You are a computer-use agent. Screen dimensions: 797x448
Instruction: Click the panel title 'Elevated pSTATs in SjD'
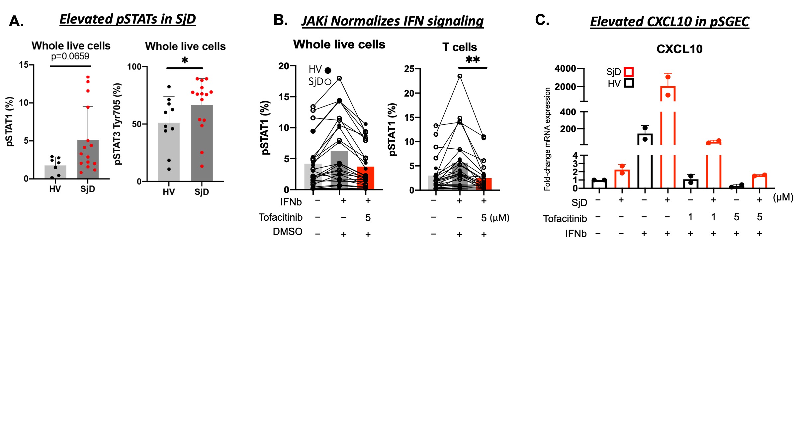pyautogui.click(x=128, y=19)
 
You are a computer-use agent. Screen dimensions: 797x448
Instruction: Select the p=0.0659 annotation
pyautogui.click(x=70, y=56)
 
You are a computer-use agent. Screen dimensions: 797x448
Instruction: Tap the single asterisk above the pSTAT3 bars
pyautogui.click(x=185, y=60)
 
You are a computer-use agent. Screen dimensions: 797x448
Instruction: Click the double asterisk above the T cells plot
pyautogui.click(x=473, y=60)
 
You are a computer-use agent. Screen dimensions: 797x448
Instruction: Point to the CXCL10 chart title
pyautogui.click(x=679, y=49)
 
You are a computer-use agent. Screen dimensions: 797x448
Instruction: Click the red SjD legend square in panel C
pyautogui.click(x=629, y=72)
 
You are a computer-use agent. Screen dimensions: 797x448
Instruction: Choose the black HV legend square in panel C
pyautogui.click(x=629, y=83)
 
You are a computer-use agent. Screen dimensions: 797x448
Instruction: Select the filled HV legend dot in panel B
pyautogui.click(x=328, y=70)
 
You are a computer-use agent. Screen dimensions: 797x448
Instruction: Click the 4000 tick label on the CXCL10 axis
pyautogui.click(x=565, y=68)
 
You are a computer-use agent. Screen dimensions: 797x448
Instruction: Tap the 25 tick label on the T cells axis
pyautogui.click(x=409, y=69)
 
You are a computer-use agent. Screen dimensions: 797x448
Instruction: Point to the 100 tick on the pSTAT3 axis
pyautogui.click(x=134, y=67)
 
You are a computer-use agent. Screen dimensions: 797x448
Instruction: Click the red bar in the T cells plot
pyautogui.click(x=484, y=184)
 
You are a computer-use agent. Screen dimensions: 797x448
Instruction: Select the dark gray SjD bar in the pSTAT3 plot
pyautogui.click(x=202, y=143)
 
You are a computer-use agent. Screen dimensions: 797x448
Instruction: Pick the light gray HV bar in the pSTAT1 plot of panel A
pyautogui.click(x=55, y=172)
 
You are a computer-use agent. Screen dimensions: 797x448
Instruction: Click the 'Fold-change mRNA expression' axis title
pyautogui.click(x=547, y=139)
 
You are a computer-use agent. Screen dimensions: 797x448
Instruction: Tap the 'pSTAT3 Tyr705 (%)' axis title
pyautogui.click(x=118, y=124)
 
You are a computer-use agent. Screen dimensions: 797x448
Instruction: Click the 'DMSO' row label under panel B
pyautogui.click(x=288, y=232)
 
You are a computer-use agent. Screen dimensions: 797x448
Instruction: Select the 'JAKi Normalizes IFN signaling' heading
pyautogui.click(x=393, y=21)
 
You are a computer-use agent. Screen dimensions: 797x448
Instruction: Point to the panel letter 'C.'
pyautogui.click(x=542, y=20)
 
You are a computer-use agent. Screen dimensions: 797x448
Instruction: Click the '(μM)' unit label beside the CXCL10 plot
pyautogui.click(x=783, y=197)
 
